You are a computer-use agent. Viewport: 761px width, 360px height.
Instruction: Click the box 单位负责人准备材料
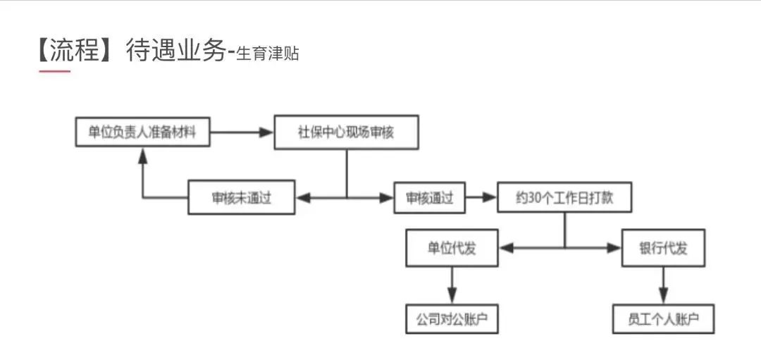coord(142,132)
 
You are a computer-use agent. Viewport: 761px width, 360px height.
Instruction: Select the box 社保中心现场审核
coord(345,132)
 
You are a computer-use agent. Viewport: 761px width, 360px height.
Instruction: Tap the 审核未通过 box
coord(241,198)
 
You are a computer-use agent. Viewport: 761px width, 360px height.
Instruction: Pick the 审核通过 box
coord(429,198)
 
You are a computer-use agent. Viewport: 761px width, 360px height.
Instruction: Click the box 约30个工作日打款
coord(564,198)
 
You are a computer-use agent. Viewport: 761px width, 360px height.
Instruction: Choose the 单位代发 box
coord(452,248)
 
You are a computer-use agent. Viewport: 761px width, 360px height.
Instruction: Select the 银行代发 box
coord(663,248)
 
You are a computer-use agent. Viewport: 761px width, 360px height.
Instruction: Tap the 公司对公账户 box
coord(452,319)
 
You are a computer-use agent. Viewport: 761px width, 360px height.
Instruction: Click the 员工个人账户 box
coord(663,319)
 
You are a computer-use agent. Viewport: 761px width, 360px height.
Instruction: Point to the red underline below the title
coord(54,70)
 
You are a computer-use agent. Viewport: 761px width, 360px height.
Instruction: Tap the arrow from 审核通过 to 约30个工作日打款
coord(481,198)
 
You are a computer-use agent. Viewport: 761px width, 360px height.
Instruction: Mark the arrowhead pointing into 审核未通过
coord(302,198)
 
